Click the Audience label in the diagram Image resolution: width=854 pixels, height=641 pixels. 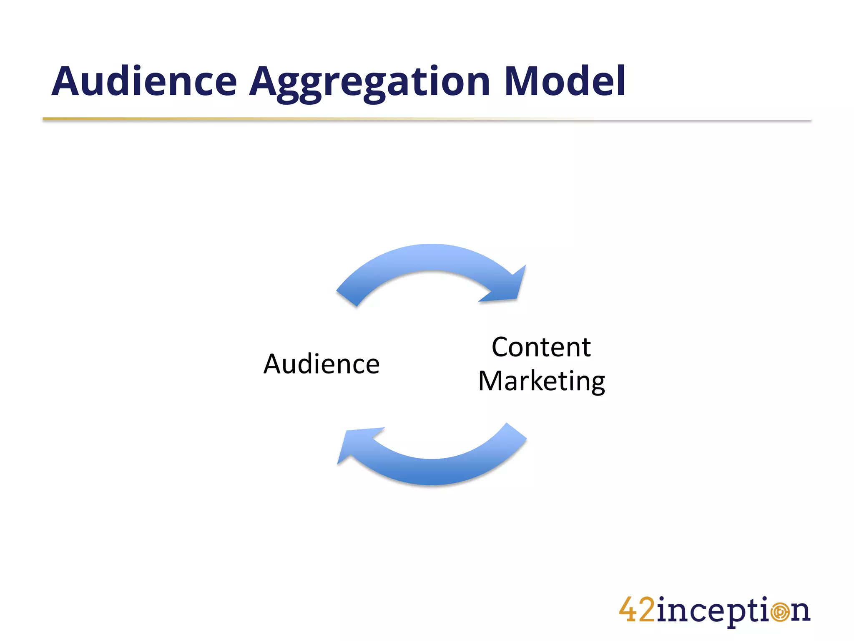click(x=322, y=364)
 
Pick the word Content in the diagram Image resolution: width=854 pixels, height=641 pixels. click(x=541, y=347)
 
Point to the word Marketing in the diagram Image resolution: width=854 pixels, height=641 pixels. click(x=542, y=381)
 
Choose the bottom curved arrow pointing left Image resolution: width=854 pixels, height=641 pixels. click(x=434, y=469)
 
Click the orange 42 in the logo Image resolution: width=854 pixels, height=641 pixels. click(x=637, y=611)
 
